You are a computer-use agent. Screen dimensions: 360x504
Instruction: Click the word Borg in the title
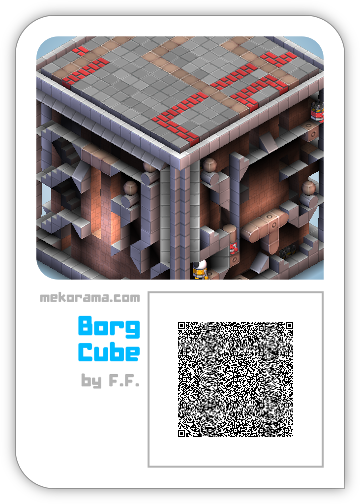coord(109,327)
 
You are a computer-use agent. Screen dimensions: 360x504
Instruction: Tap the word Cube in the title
coord(109,352)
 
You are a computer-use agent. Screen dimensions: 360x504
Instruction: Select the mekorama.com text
coord(90,298)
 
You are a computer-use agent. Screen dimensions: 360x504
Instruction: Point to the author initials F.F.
coord(124,380)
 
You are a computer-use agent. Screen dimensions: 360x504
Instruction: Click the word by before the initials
coord(91,381)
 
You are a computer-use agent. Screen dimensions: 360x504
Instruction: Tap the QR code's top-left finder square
coord(181,325)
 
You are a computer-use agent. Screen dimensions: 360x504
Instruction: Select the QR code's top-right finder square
coord(290,325)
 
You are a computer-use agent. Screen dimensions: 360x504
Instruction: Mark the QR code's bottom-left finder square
coord(181,434)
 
